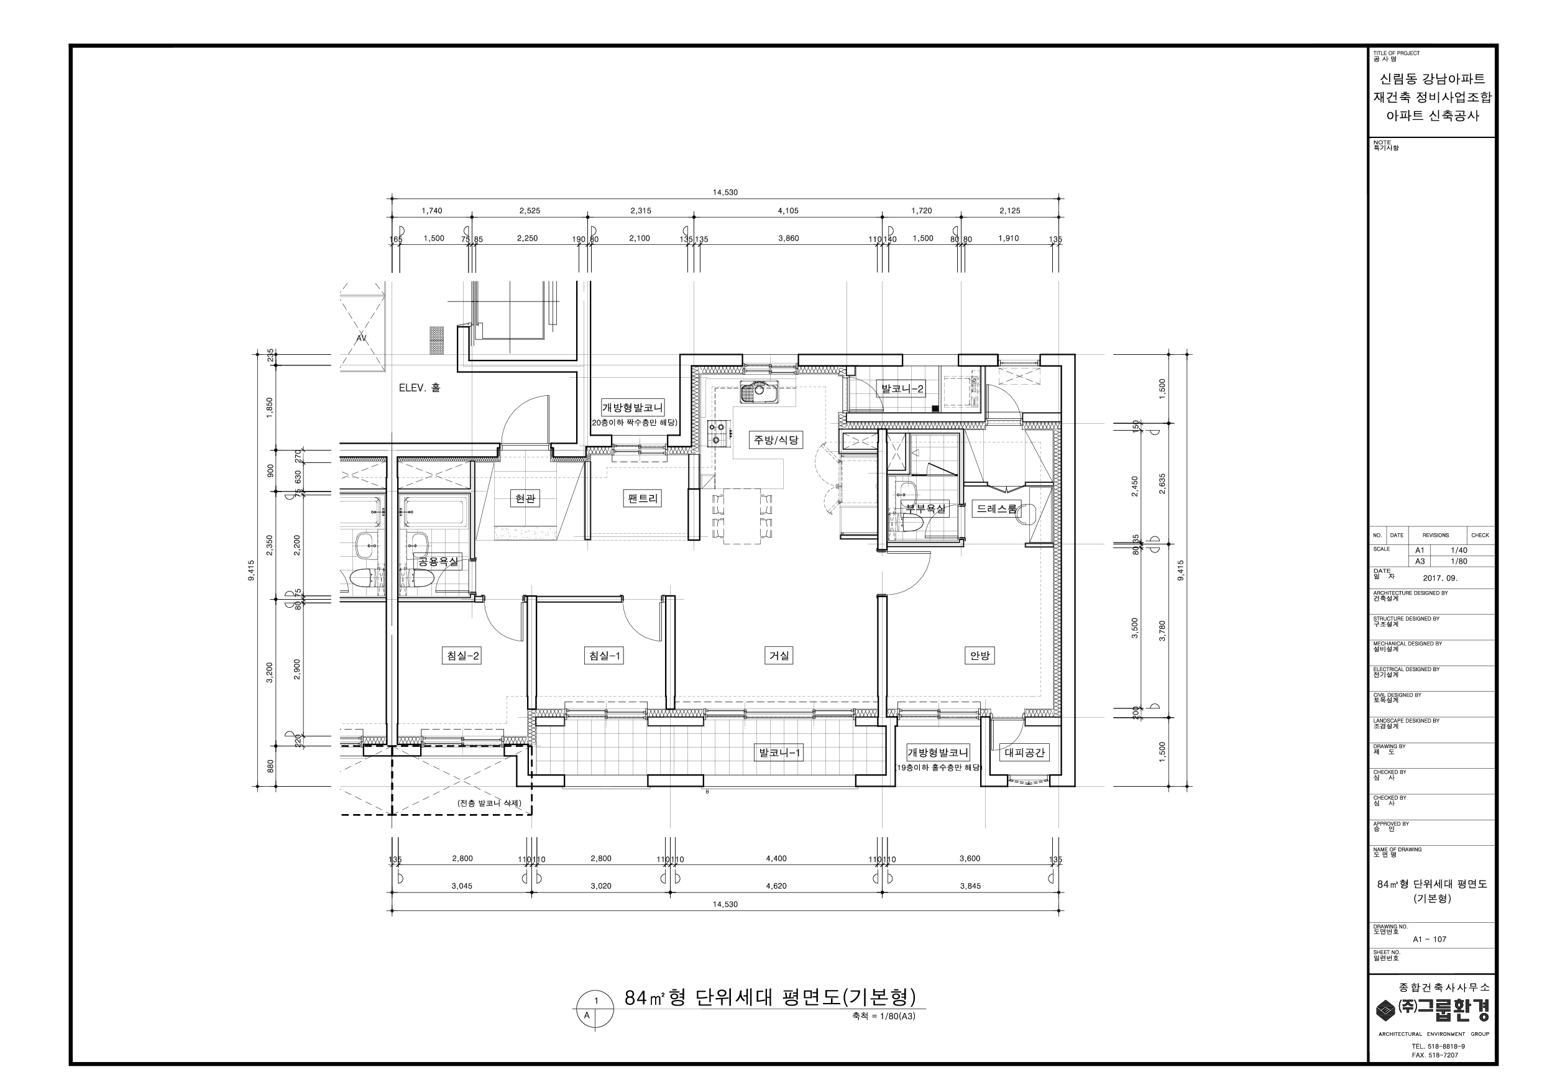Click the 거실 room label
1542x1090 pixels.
[779, 656]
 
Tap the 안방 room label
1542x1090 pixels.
[979, 656]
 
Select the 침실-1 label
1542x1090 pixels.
[603, 656]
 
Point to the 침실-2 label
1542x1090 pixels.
[462, 656]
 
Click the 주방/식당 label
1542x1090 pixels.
[776, 440]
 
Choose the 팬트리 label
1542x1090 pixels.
[643, 498]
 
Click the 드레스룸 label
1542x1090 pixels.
[997, 508]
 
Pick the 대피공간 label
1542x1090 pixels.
[1024, 753]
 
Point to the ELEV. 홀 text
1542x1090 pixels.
[419, 388]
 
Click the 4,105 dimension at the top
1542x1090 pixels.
[788, 211]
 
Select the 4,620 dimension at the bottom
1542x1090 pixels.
[776, 886]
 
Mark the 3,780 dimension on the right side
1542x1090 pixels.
[1162, 631]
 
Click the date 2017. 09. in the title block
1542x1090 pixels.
[1440, 577]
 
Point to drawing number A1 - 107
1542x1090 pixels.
[1429, 940]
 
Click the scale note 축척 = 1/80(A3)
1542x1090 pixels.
[883, 1016]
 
